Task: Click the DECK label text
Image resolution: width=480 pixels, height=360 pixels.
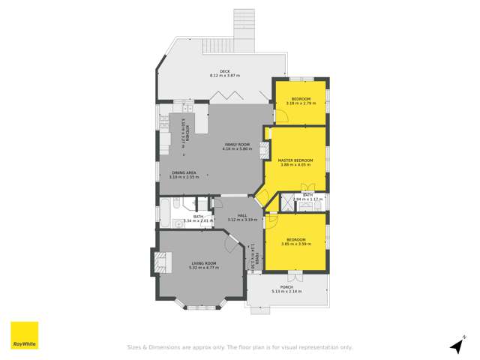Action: tap(224, 71)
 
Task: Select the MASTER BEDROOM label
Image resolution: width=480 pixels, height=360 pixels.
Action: tap(295, 160)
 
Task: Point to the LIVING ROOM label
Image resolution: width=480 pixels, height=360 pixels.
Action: tap(203, 262)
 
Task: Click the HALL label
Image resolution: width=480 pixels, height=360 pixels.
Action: tap(232, 215)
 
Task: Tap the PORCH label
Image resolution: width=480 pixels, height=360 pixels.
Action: tap(286, 286)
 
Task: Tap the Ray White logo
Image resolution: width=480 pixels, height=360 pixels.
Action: tap(24, 336)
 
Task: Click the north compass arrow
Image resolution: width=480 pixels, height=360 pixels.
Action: tap(455, 346)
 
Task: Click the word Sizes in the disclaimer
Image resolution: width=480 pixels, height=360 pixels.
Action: tap(134, 347)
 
